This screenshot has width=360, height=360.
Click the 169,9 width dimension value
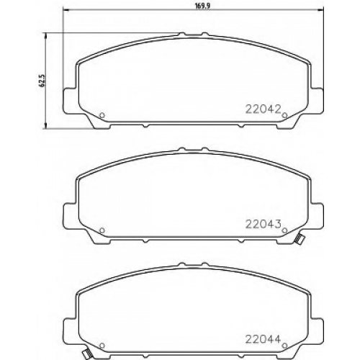click(199, 6)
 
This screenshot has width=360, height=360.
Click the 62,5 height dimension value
click(42, 80)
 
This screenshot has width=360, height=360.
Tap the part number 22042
click(263, 110)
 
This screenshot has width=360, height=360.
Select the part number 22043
click(263, 225)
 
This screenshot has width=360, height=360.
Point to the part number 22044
click(263, 339)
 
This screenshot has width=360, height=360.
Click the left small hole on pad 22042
click(102, 115)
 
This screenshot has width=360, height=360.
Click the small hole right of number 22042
click(284, 115)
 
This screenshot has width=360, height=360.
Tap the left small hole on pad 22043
click(102, 230)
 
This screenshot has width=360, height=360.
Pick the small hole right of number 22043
click(284, 230)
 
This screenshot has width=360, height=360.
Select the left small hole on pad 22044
click(102, 346)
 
